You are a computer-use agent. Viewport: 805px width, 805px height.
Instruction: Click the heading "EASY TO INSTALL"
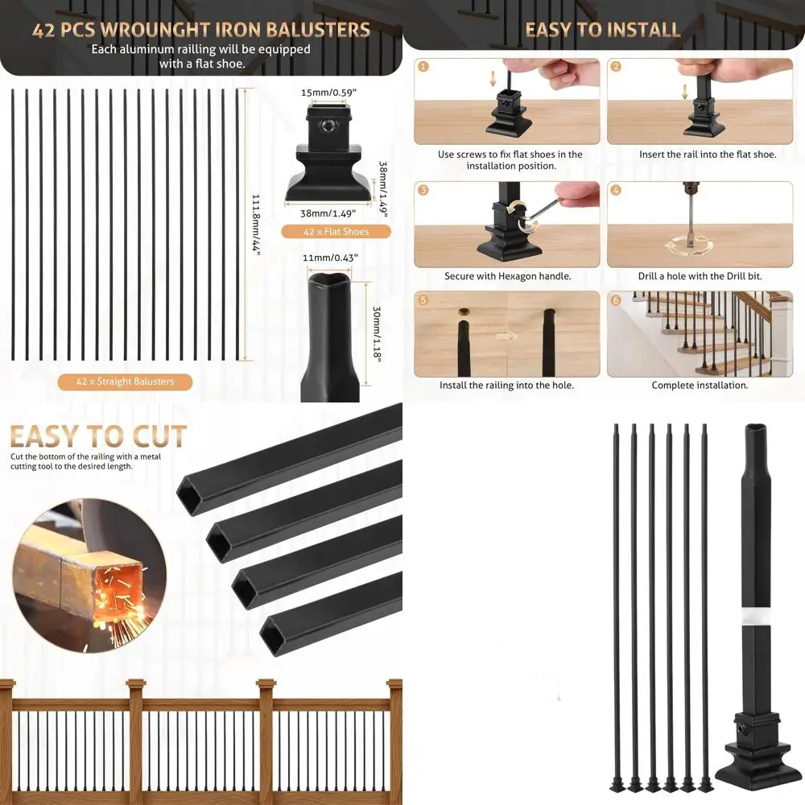pos(603,30)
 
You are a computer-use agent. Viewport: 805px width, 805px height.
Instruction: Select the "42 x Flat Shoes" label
pos(336,232)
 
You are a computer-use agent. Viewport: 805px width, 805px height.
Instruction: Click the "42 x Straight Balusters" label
pos(125,382)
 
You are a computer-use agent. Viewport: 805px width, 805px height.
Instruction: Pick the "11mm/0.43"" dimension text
pos(330,258)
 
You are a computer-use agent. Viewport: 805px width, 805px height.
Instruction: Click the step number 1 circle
pos(424,67)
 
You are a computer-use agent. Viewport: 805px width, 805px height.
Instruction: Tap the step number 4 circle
pos(617,191)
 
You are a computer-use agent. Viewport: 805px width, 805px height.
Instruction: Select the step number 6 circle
pos(617,300)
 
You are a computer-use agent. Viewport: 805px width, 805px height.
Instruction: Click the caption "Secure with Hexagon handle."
pos(507,276)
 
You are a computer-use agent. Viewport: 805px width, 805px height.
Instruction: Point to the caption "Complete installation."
pos(700,386)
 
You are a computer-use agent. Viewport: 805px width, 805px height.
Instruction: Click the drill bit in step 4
pos(690,217)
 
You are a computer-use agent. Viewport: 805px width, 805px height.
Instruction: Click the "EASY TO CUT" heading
pos(98,436)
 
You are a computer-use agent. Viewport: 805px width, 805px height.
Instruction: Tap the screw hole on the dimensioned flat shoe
pos(330,126)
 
